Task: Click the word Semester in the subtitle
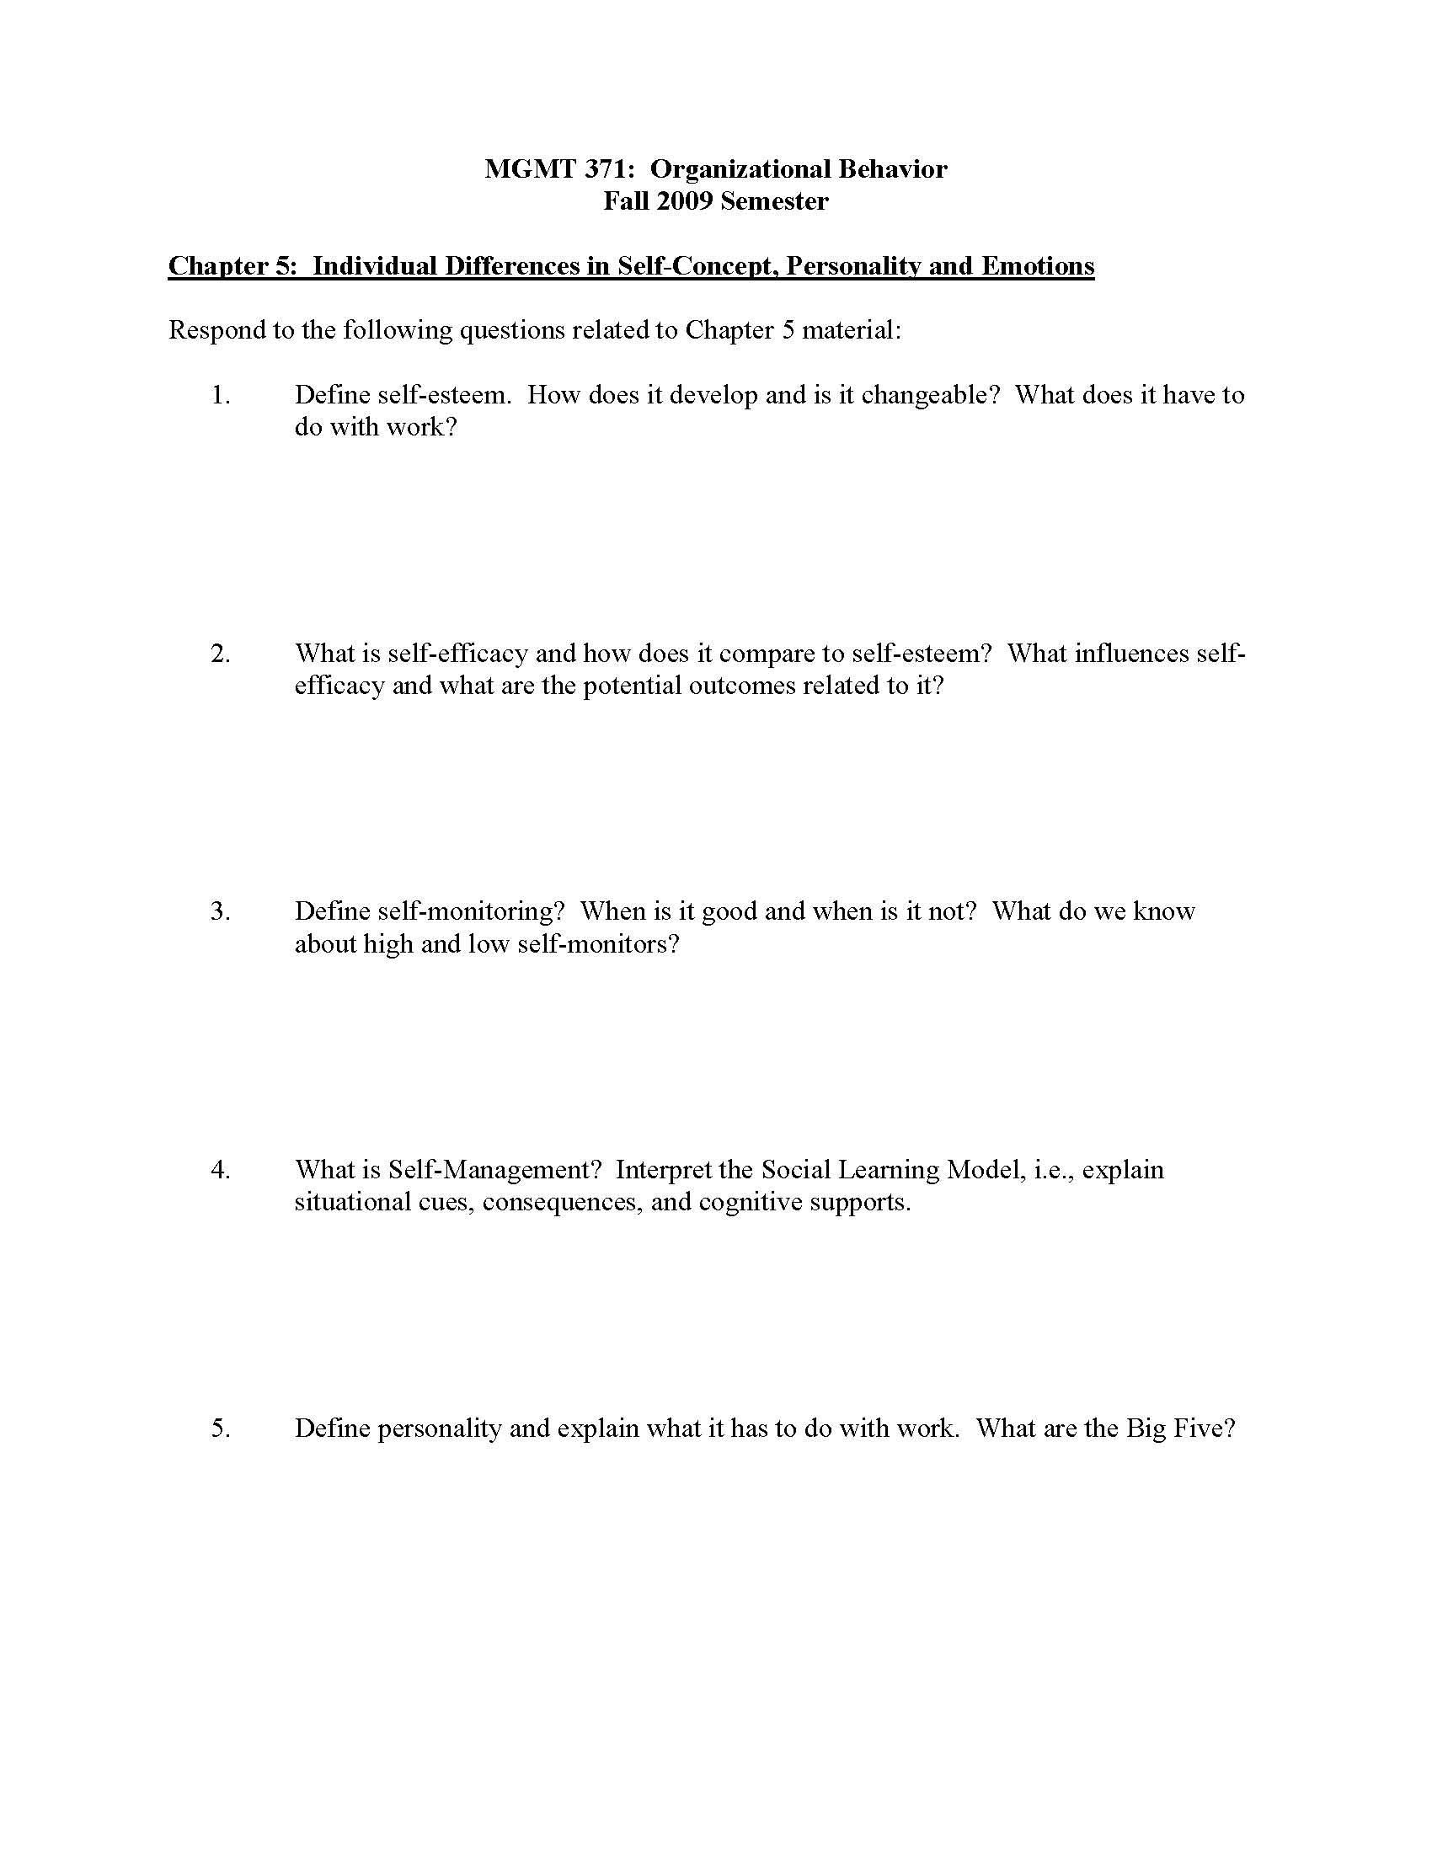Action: pyautogui.click(x=774, y=202)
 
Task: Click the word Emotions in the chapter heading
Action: pyautogui.click(x=1038, y=266)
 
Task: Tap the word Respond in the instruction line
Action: pyautogui.click(x=216, y=330)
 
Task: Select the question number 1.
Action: pyautogui.click(x=220, y=395)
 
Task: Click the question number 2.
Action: pyautogui.click(x=220, y=654)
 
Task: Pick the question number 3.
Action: pyautogui.click(x=220, y=911)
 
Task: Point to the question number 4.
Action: pyautogui.click(x=220, y=1170)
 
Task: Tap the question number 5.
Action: pyautogui.click(x=220, y=1428)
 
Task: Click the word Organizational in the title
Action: pyautogui.click(x=740, y=169)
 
